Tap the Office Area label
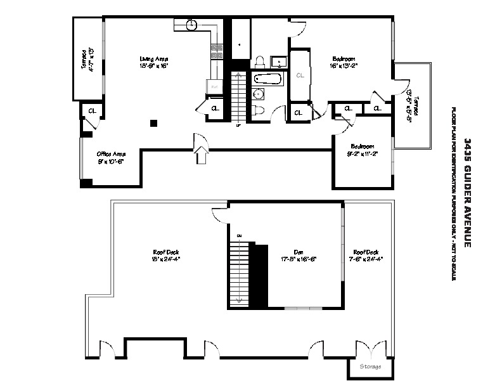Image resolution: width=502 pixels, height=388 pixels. (111, 154)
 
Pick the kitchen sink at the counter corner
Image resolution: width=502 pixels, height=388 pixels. (193, 25)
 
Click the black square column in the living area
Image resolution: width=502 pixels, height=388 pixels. (153, 123)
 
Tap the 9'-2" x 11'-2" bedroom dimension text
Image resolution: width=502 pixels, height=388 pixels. (363, 153)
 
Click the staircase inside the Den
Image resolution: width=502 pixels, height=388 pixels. (241, 273)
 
